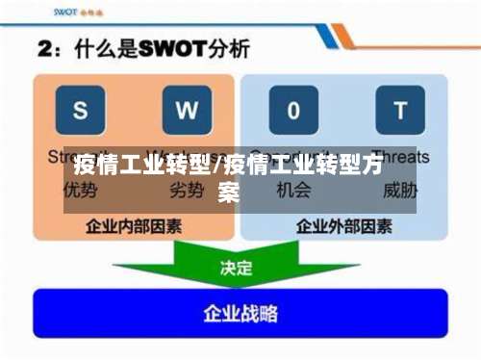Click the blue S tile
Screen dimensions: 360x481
[80, 110]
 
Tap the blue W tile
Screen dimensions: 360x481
[187, 110]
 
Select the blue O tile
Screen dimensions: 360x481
[292, 110]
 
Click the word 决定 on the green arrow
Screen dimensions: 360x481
[237, 269]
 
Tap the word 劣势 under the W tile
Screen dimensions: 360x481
[187, 190]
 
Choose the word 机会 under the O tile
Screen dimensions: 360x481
[292, 190]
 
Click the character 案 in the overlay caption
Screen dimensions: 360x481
[229, 192]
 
